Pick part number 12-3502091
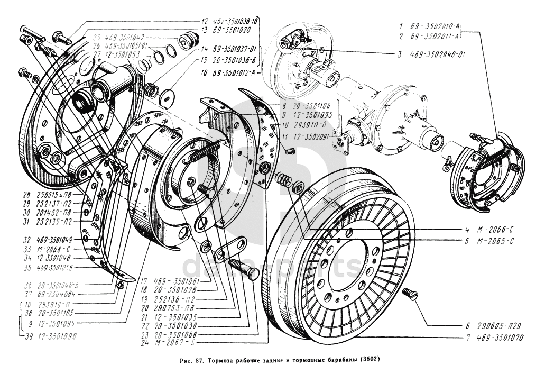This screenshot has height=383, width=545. click(x=313, y=136)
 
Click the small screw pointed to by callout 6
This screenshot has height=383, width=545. click(x=410, y=294)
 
